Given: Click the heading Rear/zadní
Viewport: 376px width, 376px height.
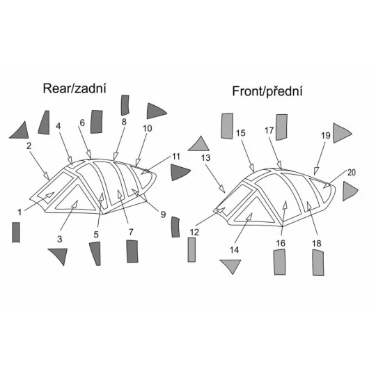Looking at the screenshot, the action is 75,88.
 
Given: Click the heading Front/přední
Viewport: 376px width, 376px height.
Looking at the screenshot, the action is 267,91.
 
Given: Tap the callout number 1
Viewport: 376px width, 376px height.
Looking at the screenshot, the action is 19,212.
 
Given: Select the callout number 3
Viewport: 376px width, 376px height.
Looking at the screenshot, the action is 60,239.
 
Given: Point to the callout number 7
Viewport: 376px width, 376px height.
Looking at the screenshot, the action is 131,232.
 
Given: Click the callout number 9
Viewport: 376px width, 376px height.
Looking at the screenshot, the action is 163,214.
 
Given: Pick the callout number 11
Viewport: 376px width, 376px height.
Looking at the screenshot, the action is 176,157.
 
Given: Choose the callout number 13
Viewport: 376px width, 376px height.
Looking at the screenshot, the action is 205,158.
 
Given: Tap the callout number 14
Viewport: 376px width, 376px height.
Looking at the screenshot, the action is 234,250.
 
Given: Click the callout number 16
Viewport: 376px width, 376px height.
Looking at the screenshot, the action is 281,243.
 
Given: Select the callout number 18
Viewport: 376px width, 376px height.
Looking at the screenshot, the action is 317,244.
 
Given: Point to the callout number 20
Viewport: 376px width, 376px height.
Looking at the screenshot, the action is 352,173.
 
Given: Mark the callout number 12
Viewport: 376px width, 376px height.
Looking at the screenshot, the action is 194,232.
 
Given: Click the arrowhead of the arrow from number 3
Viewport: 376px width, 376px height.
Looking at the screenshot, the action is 75,204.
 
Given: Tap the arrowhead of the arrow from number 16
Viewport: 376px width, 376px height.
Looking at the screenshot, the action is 285,205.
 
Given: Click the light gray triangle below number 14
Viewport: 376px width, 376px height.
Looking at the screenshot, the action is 230,265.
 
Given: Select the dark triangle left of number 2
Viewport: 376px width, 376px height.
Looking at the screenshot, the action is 20,132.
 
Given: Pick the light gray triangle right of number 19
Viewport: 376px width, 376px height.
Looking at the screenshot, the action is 341,133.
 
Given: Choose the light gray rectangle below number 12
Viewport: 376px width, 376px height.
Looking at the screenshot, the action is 191,250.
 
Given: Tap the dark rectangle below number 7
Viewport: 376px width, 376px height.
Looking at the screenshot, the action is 132,251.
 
